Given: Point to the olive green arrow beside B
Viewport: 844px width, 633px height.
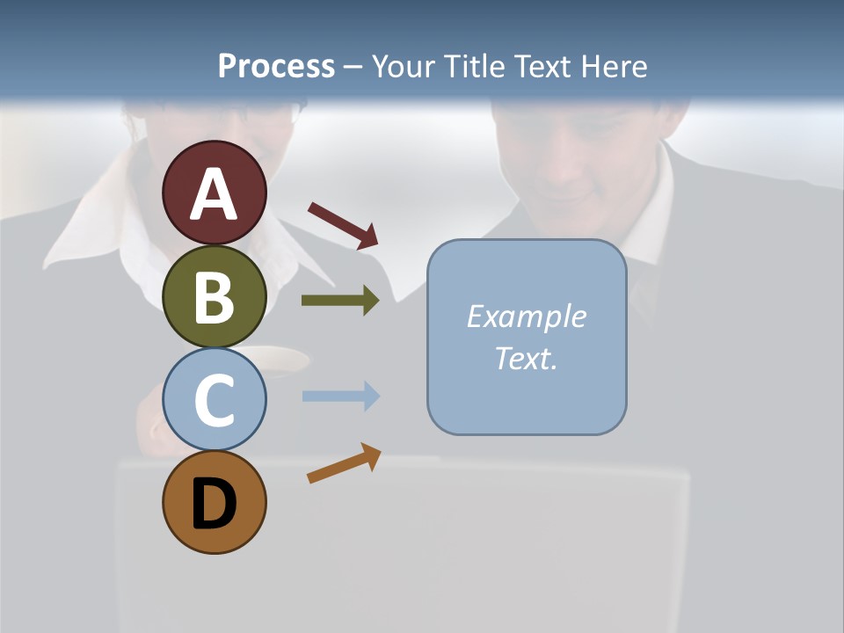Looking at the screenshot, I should [x=340, y=301].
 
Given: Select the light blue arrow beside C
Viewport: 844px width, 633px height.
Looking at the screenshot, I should [x=340, y=396].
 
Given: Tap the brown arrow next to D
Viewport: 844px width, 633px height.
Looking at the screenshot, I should [x=344, y=463].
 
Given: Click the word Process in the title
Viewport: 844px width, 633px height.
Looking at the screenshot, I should [x=276, y=66].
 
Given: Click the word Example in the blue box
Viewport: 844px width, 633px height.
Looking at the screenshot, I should [x=526, y=316].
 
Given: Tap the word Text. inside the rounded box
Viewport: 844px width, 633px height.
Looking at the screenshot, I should [x=526, y=358].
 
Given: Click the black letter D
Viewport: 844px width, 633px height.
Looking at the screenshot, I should [x=214, y=505].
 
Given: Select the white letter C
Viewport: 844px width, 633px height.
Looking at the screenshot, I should [x=214, y=400].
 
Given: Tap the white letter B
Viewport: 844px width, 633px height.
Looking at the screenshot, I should [x=214, y=297].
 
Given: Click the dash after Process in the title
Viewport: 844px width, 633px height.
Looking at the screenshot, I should [x=353, y=68].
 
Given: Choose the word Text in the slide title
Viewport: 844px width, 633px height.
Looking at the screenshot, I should [x=541, y=66].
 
